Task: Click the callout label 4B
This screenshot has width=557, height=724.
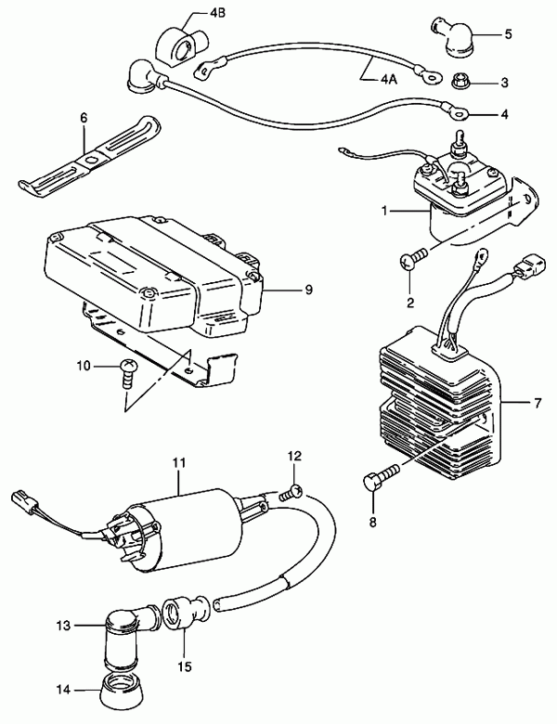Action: click(217, 13)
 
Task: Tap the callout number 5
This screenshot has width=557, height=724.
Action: click(508, 34)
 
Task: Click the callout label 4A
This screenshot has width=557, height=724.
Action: click(389, 80)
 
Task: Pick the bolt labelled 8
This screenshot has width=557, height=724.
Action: click(381, 477)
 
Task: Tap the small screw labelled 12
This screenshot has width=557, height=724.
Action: click(291, 493)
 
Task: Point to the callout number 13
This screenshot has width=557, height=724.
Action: click(64, 626)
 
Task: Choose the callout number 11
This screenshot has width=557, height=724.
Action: click(179, 462)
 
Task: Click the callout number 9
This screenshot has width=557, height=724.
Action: click(308, 290)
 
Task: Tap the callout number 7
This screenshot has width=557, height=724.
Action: click(537, 404)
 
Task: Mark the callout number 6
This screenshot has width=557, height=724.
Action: click(84, 118)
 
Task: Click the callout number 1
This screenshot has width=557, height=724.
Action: click(384, 211)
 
